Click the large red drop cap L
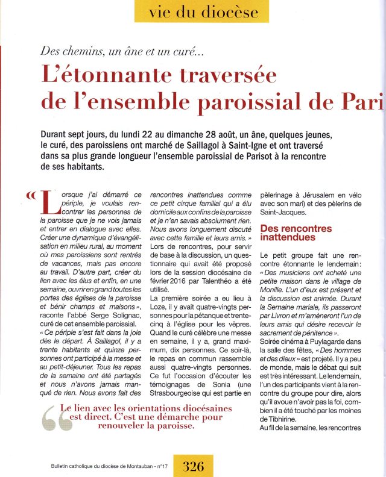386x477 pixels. pos(52,207)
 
